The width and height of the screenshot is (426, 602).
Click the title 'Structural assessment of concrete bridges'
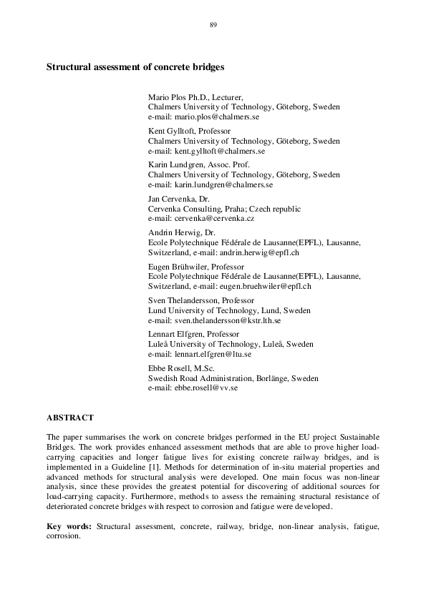(x=135, y=67)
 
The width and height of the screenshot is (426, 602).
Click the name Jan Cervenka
(x=172, y=199)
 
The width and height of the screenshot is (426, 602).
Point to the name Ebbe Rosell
(x=166, y=369)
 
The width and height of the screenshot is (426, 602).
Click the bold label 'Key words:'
(x=69, y=526)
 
